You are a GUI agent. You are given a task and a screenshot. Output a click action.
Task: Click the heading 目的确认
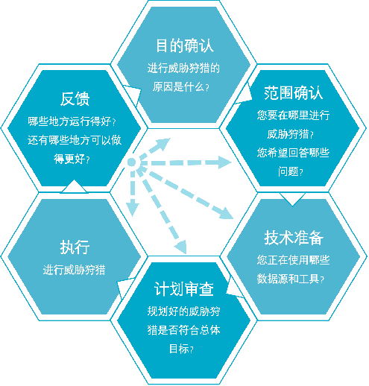185,45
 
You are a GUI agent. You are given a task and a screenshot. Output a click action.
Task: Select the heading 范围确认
293,93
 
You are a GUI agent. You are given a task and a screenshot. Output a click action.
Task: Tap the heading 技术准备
294,238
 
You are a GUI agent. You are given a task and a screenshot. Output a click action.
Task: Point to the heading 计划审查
184,289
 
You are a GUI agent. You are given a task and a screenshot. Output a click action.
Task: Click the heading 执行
75,247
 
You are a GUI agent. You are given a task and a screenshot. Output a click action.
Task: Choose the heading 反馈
75,99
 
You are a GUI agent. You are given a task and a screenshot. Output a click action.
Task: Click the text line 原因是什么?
181,86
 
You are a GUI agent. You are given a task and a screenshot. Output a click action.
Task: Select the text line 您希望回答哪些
293,153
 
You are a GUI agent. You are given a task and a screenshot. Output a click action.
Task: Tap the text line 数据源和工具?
291,279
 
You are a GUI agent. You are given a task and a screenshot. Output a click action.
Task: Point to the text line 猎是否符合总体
184,330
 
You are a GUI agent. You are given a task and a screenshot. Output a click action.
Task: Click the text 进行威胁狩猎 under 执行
75,270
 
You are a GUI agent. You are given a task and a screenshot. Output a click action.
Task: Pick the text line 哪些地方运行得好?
72,121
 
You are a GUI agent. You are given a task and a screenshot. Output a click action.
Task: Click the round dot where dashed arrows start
132,162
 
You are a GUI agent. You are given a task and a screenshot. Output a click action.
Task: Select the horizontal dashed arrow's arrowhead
224,162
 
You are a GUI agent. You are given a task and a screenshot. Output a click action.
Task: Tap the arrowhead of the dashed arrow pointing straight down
132,207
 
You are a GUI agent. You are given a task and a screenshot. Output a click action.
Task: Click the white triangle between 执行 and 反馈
74,187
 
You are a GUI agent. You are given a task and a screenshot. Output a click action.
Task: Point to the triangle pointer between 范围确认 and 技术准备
292,199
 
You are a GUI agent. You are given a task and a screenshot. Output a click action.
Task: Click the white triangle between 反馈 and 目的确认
133,94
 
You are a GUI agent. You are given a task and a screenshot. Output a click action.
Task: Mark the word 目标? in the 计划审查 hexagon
181,349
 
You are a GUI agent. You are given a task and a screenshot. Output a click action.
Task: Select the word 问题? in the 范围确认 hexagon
291,171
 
